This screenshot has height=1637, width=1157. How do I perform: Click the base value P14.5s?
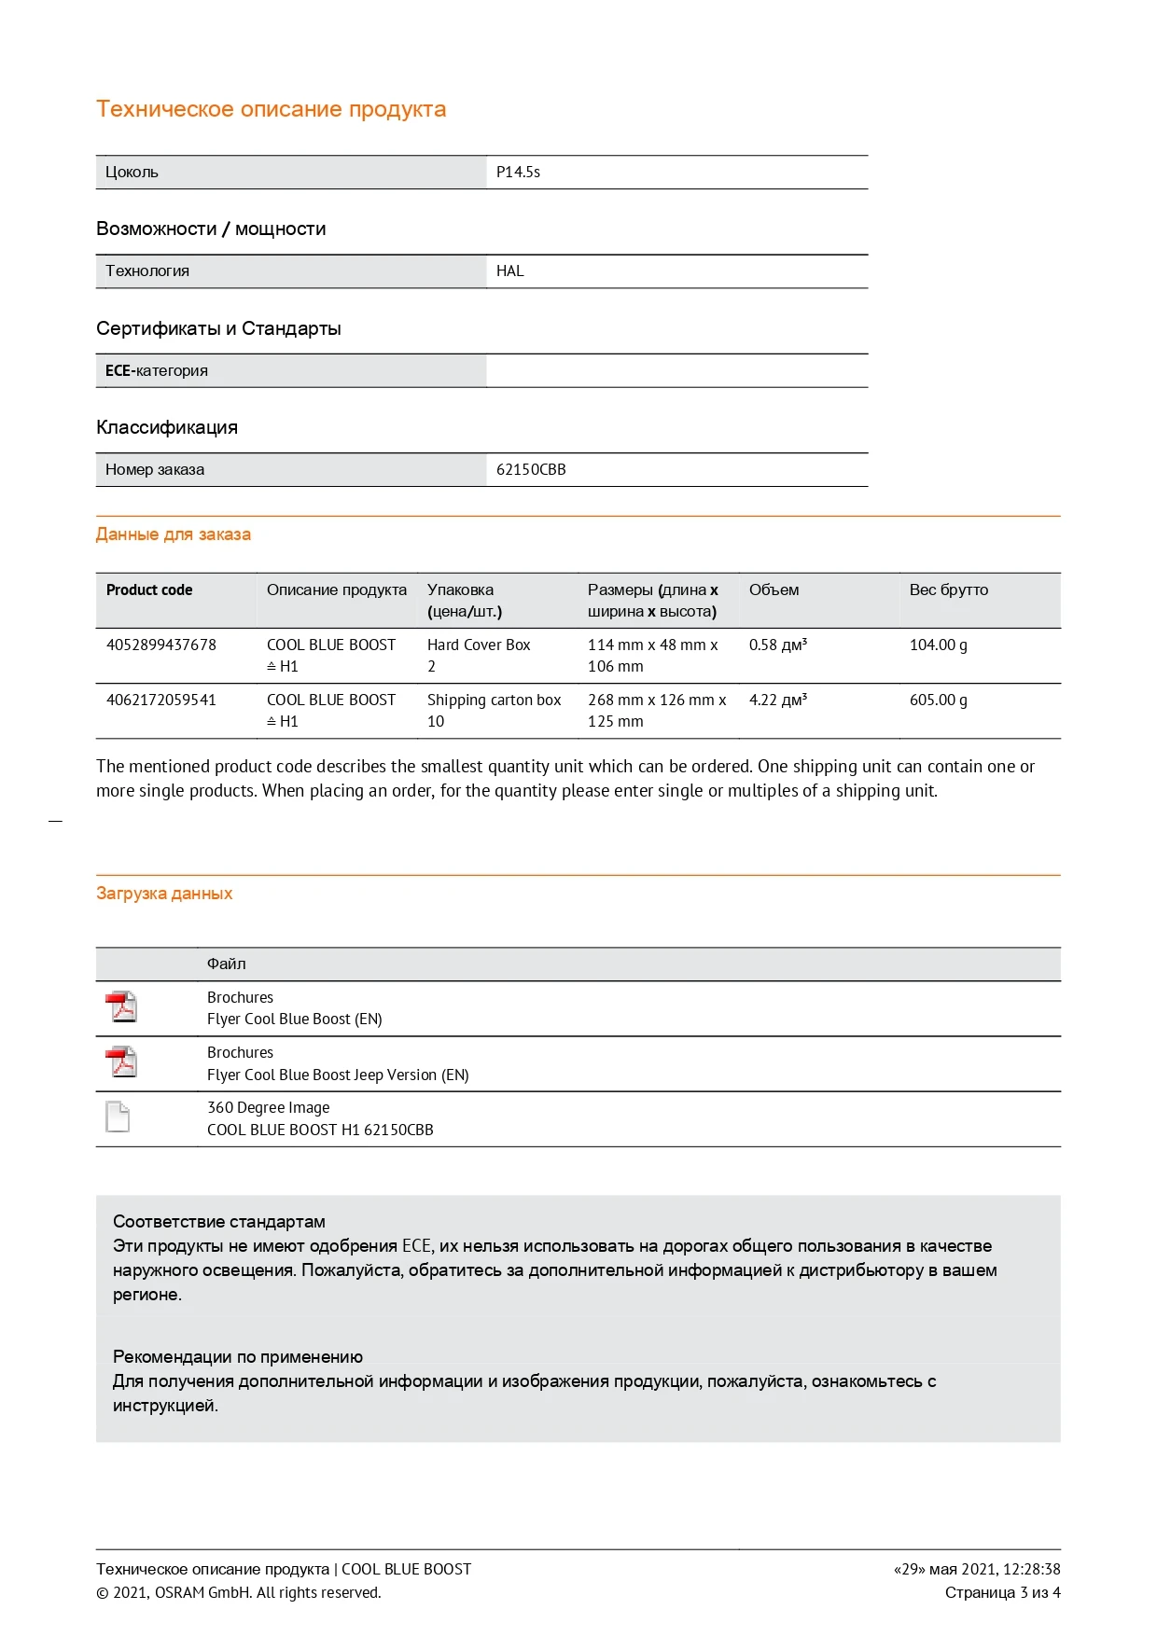(x=518, y=173)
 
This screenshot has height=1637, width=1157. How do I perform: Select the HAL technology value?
(x=509, y=271)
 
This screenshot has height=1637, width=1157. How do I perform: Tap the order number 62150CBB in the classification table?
(x=531, y=470)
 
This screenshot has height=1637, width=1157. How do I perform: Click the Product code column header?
(x=149, y=590)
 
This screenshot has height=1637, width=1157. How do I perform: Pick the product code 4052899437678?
(x=161, y=645)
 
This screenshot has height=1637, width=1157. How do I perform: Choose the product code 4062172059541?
(x=161, y=701)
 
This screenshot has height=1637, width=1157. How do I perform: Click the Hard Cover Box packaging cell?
(x=479, y=645)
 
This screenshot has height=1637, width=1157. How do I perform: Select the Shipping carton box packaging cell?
(x=494, y=701)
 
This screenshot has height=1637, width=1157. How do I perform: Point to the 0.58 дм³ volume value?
(x=777, y=645)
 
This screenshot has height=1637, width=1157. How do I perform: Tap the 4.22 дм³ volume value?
(x=777, y=701)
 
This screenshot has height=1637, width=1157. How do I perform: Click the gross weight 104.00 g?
(x=938, y=645)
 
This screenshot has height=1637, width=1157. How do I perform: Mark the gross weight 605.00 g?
(x=938, y=701)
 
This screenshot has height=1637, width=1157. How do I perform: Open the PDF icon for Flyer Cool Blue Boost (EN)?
(x=120, y=1007)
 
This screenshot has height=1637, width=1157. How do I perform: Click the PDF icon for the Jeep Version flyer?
(x=120, y=1062)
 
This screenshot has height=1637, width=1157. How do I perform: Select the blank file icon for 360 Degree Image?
(x=118, y=1117)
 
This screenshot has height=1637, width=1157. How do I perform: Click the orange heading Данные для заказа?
(x=174, y=534)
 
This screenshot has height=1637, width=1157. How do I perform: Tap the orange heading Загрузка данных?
(x=164, y=894)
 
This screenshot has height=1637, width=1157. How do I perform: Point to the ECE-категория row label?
(x=157, y=371)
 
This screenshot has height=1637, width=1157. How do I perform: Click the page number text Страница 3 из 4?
(x=1002, y=1592)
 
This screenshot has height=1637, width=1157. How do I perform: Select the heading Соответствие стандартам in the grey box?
(x=219, y=1222)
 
